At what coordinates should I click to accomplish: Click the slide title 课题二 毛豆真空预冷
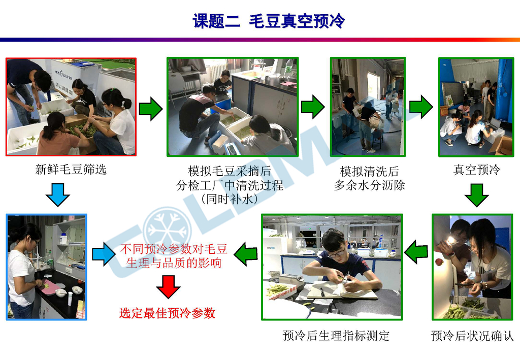269,21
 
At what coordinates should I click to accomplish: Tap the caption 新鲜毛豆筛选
71,170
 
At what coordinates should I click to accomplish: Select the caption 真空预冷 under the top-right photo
476,170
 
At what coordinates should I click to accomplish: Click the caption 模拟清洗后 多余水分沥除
370,178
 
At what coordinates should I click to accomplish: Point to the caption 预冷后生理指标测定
336,336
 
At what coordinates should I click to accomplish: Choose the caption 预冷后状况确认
472,336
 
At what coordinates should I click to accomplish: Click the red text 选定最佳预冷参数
168,313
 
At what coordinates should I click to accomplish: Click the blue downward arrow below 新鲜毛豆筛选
58,194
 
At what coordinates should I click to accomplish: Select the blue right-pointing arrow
104,254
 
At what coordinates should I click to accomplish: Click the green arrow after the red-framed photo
150,109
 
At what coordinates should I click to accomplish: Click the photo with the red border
71,107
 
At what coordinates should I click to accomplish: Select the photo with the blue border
46,267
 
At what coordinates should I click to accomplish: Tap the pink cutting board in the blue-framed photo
50,286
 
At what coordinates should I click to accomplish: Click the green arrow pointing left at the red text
246,254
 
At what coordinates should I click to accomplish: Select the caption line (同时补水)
230,199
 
